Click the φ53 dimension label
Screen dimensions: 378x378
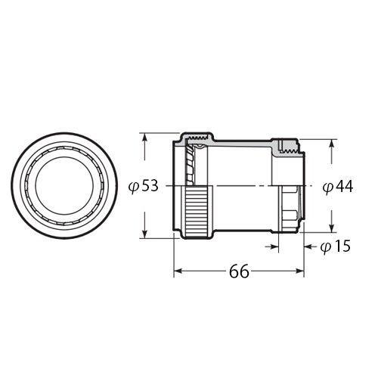click(144, 185)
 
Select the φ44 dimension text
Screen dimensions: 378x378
click(337, 186)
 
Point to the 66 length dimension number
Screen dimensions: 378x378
click(239, 271)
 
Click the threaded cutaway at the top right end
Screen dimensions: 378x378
click(287, 147)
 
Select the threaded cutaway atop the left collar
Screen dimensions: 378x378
click(198, 139)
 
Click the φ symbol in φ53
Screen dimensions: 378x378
click(133, 186)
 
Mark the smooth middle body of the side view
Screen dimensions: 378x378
click(242, 185)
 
